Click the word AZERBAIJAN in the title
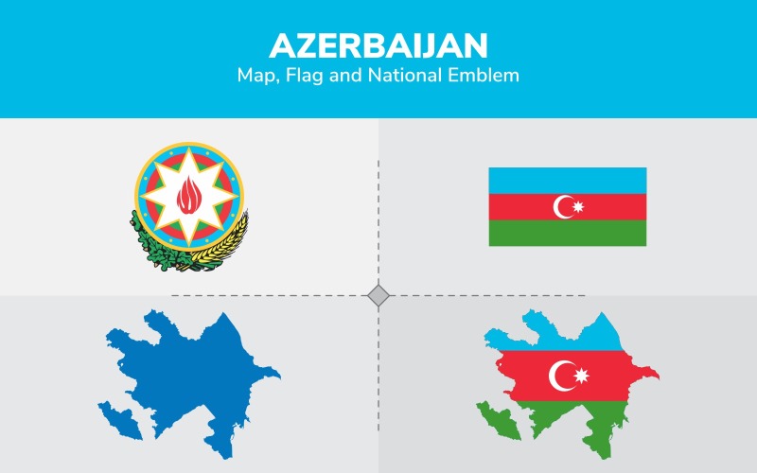(378, 45)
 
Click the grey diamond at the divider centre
(378, 296)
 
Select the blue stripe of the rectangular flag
(567, 180)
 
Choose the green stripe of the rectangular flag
(567, 233)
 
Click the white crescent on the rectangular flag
(563, 206)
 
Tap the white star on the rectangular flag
(578, 206)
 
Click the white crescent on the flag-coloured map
(560, 375)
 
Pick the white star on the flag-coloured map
(579, 376)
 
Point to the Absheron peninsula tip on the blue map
(276, 375)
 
